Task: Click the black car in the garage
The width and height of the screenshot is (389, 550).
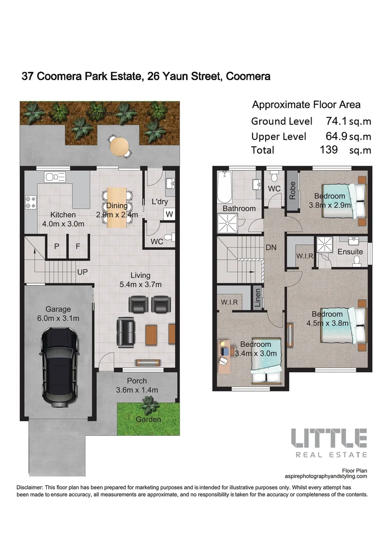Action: [60, 367]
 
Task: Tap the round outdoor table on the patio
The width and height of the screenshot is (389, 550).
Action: [120, 146]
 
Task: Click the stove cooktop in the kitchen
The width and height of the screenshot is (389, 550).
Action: [30, 202]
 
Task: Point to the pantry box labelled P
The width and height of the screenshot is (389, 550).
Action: [57, 246]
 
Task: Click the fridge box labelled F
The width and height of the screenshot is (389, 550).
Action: [78, 246]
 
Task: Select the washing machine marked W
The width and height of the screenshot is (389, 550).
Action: [169, 214]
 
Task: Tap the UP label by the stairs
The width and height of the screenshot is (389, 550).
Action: [82, 272]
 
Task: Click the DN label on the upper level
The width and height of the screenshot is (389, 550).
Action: [271, 248]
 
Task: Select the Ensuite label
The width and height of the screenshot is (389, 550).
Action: [350, 252]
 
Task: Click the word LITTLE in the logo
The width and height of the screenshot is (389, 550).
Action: [328, 438]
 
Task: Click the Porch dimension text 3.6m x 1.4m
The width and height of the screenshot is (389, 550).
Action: [137, 390]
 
